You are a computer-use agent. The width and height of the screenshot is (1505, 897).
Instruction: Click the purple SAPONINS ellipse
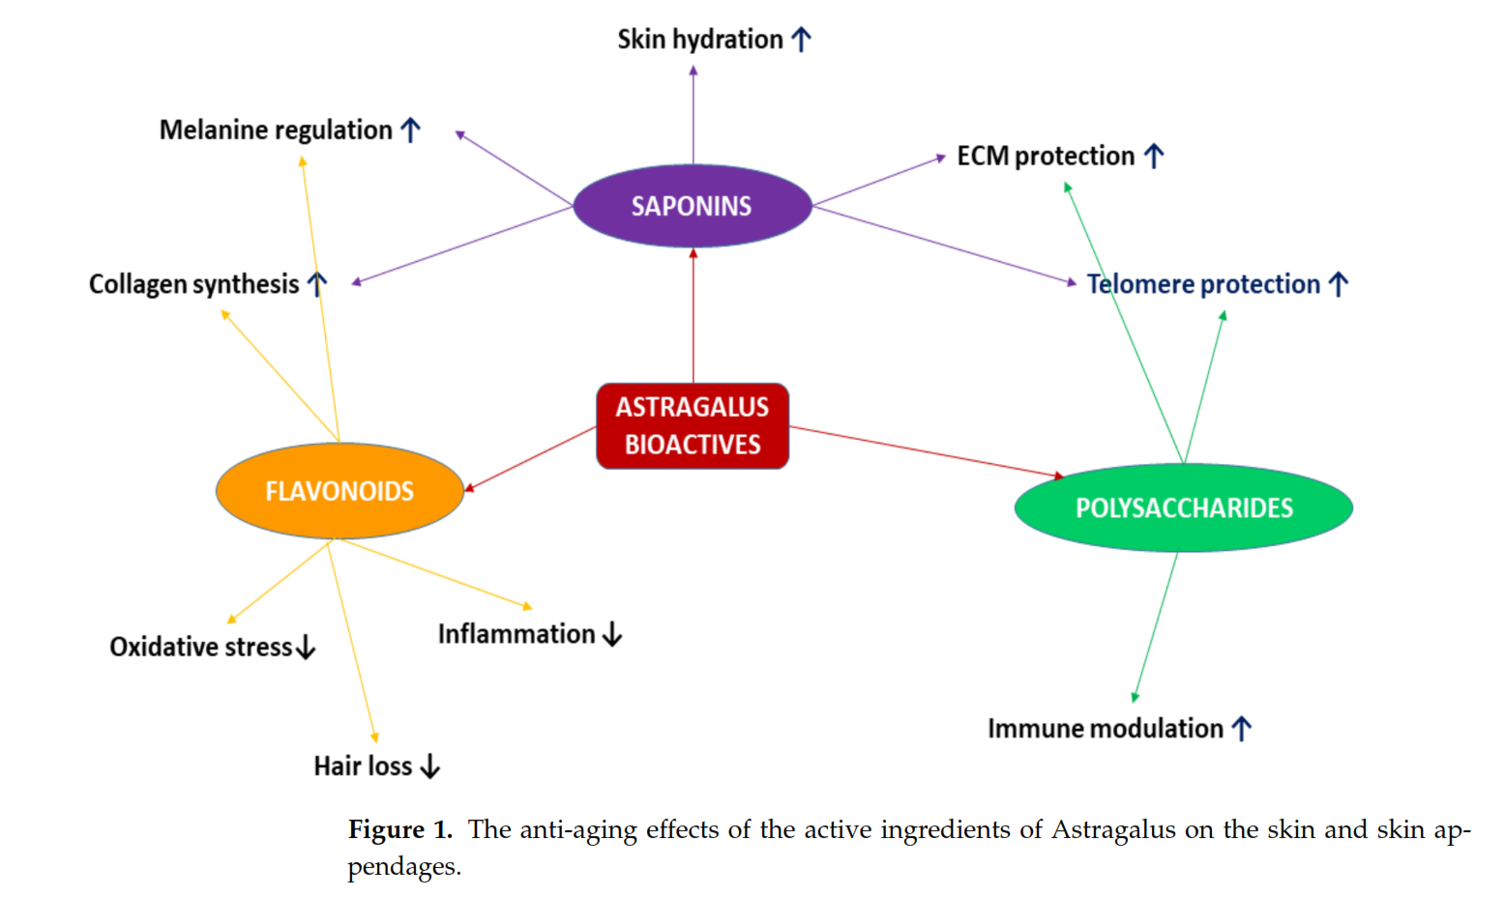(x=692, y=206)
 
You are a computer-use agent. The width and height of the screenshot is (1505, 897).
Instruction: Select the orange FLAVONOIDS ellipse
(x=339, y=491)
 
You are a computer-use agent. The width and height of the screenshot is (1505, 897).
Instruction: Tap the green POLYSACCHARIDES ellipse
(x=1183, y=507)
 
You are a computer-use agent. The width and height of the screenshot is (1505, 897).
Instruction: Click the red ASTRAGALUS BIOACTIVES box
(x=693, y=425)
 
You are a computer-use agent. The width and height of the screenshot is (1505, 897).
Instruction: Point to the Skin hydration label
(x=700, y=40)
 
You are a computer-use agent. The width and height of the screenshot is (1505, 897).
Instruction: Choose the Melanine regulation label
(x=276, y=130)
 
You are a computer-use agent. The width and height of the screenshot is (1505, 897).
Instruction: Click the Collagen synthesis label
(x=194, y=284)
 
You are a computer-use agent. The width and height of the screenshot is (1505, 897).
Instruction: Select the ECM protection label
(x=1046, y=156)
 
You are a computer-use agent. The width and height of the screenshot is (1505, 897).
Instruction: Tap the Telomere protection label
(x=1203, y=284)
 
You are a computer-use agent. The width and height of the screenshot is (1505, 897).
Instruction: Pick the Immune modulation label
(x=1106, y=728)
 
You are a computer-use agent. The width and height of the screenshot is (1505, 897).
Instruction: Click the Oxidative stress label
(x=201, y=647)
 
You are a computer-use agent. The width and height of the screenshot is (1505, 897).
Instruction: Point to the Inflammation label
(x=516, y=634)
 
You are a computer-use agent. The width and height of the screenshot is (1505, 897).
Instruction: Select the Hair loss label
(x=363, y=767)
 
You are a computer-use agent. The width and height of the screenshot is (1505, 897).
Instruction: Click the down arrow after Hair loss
(x=430, y=767)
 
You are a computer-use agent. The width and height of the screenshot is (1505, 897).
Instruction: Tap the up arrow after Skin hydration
(x=801, y=40)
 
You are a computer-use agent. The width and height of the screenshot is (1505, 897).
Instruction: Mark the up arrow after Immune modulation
(x=1242, y=728)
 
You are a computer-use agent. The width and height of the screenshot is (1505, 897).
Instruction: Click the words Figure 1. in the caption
(x=400, y=830)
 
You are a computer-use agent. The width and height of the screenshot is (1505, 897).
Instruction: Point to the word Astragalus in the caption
(x=1113, y=830)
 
